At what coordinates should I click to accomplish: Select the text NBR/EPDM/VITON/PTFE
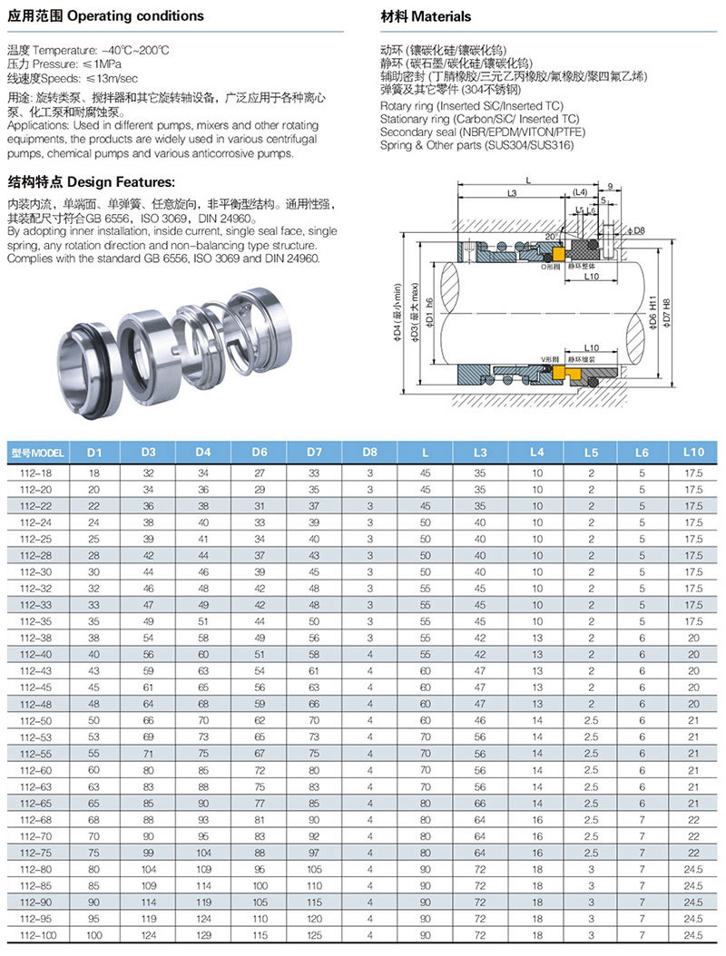point(510,132)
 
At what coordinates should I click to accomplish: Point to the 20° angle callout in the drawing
point(550,237)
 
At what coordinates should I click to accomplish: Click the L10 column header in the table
point(693,451)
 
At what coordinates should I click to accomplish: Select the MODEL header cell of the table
point(37,451)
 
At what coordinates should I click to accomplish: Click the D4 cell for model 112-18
point(203,473)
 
